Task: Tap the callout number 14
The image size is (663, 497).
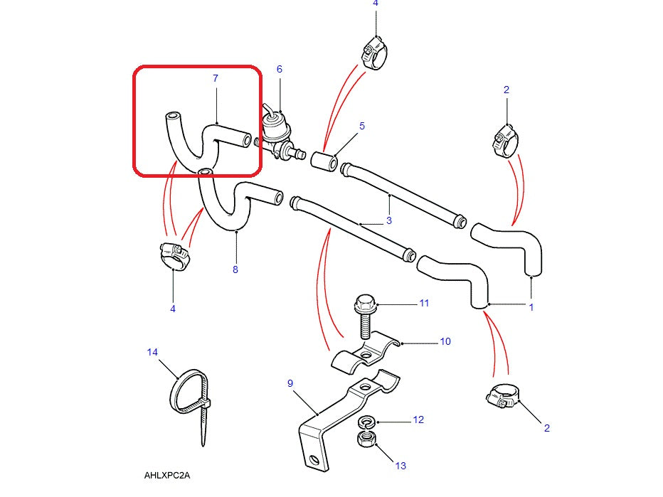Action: point(152,352)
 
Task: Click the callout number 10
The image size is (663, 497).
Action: point(445,342)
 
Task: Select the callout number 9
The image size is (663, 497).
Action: point(290,384)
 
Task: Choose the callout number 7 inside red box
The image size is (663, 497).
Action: point(216,78)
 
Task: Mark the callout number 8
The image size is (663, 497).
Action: point(235,269)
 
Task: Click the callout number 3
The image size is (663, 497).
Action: point(389,220)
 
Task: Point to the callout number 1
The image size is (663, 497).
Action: point(531,307)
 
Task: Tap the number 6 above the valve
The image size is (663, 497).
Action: point(280,69)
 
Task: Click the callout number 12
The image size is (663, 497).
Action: point(418,419)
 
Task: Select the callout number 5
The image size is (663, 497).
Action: point(362,126)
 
